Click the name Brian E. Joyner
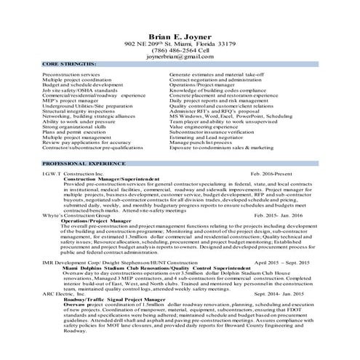[x=180, y=33]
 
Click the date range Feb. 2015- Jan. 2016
[x=283, y=216]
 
